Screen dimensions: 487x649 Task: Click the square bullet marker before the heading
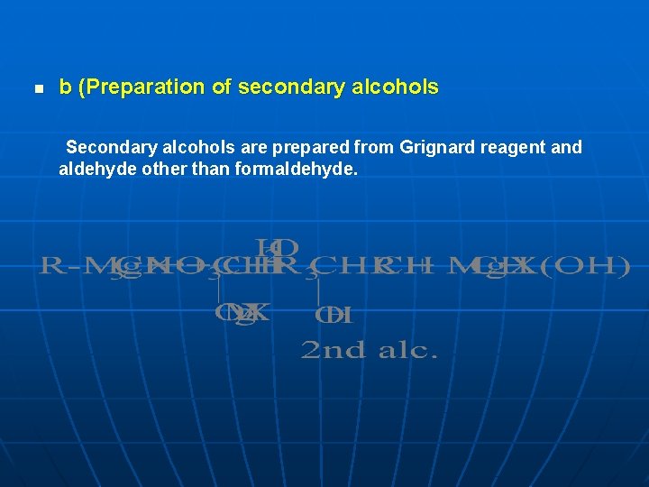pyautogui.click(x=38, y=89)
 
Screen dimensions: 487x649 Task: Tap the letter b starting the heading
pyautogui.click(x=65, y=87)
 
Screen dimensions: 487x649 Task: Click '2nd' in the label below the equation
pyautogui.click(x=333, y=350)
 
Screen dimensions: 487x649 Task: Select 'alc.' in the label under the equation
pyautogui.click(x=407, y=350)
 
